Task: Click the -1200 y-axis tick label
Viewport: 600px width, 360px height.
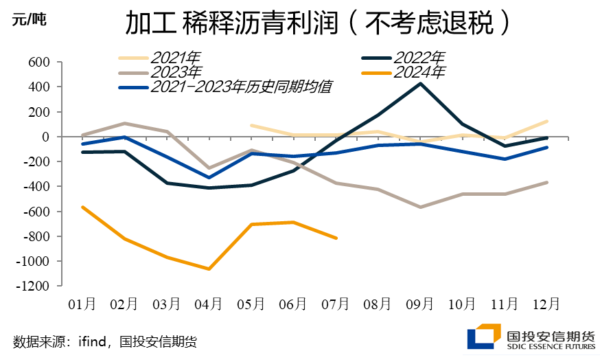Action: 35,286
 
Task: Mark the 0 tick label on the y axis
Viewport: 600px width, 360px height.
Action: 47,137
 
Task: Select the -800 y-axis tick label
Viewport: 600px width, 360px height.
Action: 38,237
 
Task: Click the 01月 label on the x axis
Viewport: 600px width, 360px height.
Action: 82,304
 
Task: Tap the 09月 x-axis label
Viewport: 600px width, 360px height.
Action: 420,304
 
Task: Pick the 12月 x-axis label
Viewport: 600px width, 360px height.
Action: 547,304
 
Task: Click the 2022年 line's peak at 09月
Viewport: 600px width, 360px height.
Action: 420,83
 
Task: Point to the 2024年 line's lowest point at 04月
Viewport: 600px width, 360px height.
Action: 209,269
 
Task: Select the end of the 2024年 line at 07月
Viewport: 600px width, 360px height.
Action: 336,238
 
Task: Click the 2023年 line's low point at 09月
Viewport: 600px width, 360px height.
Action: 420,207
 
